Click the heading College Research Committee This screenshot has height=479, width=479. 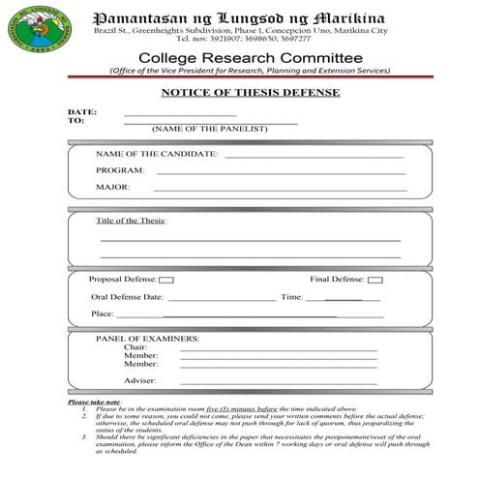click(x=251, y=58)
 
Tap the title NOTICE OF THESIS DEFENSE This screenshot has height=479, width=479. click(x=249, y=93)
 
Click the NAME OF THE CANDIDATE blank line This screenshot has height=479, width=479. click(x=314, y=156)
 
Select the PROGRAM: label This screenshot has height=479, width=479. click(x=120, y=170)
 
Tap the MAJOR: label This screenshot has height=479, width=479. click(x=113, y=187)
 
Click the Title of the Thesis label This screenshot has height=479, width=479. click(x=132, y=221)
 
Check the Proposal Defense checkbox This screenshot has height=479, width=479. click(x=166, y=280)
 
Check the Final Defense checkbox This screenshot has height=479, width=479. click(x=375, y=280)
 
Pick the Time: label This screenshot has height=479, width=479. click(x=291, y=297)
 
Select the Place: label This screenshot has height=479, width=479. click(x=102, y=314)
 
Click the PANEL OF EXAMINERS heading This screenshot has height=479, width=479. click(x=147, y=339)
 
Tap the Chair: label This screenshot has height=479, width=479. click(x=135, y=347)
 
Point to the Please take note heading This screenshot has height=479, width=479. click(x=95, y=401)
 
